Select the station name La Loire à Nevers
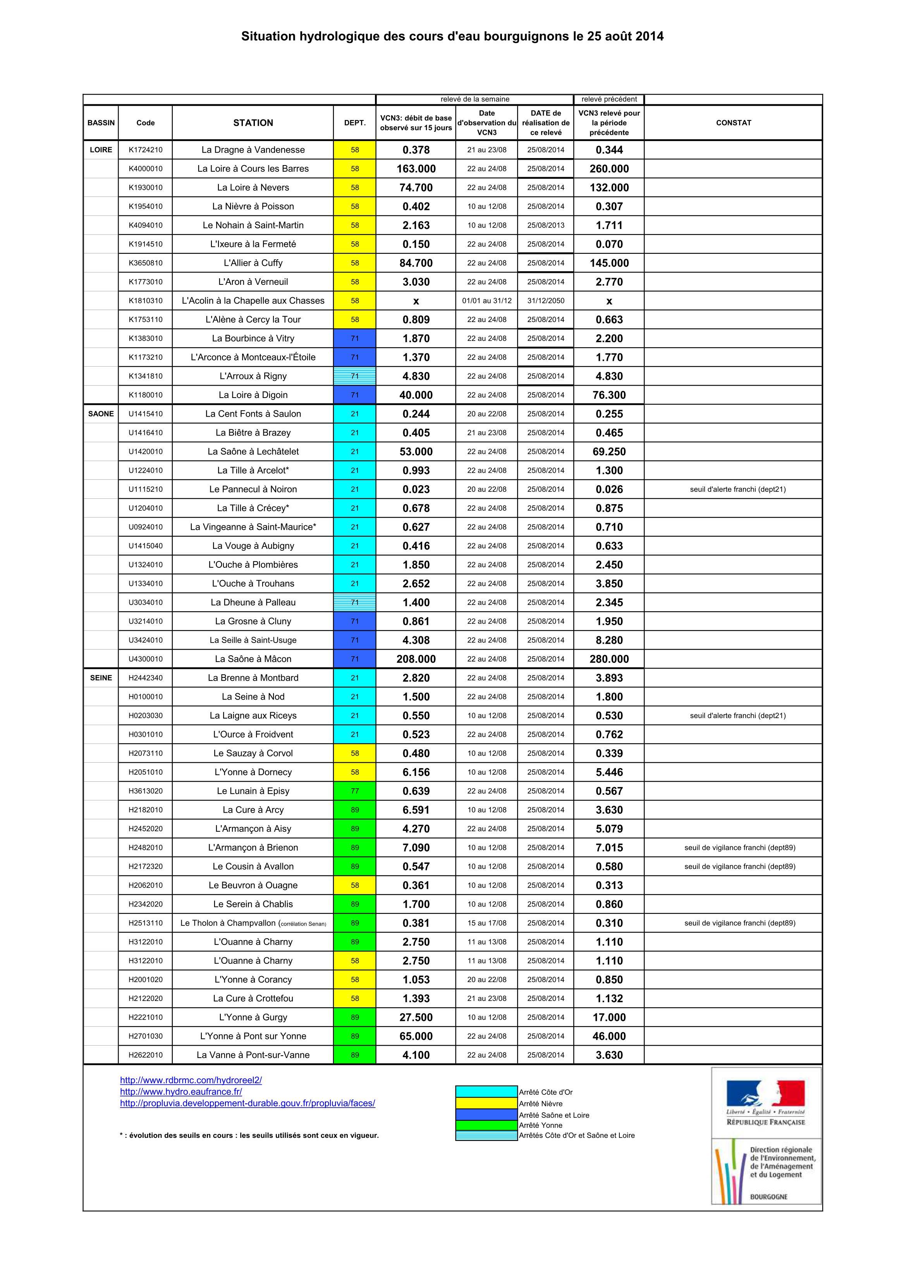[253, 188]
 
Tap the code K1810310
[146, 301]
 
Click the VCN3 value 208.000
[416, 659]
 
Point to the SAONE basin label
[101, 414]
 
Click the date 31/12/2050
[545, 301]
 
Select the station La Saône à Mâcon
[253, 659]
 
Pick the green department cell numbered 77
[354, 791]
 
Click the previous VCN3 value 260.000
[609, 169]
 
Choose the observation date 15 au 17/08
[487, 923]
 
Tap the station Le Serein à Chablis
[253, 904]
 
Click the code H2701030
[146, 1036]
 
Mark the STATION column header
[253, 123]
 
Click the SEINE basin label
[101, 678]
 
